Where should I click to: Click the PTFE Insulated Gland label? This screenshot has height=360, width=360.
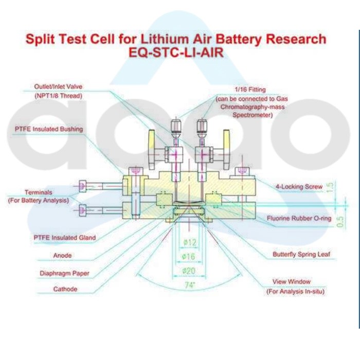pyautogui.click(x=64, y=238)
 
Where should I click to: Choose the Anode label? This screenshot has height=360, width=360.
pyautogui.click(x=62, y=255)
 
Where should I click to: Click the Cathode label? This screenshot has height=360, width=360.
pyautogui.click(x=65, y=289)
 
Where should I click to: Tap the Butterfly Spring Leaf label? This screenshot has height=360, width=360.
pyautogui.click(x=301, y=254)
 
